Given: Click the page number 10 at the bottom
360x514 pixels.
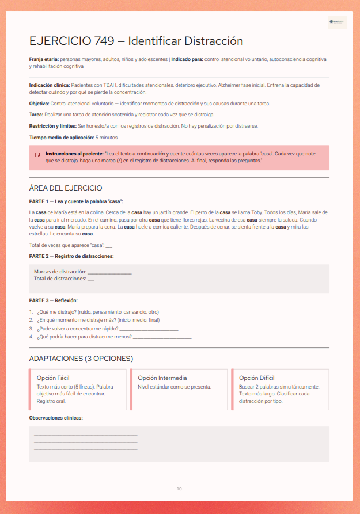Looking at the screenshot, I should [x=179, y=489].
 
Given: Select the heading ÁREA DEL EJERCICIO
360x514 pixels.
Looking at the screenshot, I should [x=66, y=188].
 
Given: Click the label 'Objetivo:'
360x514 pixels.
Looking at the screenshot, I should [x=39, y=104].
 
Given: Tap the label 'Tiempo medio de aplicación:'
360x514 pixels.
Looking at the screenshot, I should [x=62, y=138].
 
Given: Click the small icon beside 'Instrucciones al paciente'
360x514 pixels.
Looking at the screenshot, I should [x=37, y=155].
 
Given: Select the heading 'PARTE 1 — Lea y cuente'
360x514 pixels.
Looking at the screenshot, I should [x=75, y=201].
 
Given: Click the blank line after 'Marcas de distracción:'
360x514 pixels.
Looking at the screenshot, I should [x=109, y=272].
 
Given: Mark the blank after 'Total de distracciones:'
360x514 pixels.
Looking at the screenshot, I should [x=91, y=279].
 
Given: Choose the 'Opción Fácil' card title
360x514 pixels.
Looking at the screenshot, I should [x=53, y=378].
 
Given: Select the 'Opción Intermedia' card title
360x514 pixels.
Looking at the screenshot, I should [x=162, y=378].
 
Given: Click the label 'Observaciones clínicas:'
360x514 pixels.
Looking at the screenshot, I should [x=56, y=417].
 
